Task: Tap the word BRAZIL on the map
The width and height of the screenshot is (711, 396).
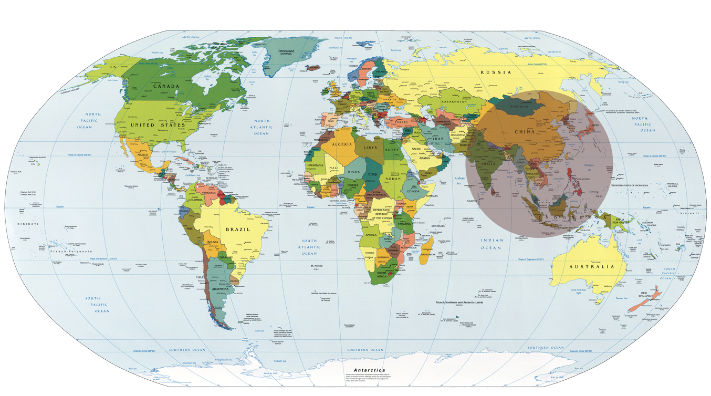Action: point(238,230)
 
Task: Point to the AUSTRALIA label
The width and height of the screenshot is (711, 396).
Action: point(592,267)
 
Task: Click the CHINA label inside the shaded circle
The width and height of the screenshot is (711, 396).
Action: point(524,131)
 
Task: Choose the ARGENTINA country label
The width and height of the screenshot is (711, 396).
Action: point(219,289)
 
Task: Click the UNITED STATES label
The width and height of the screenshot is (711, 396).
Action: point(150,126)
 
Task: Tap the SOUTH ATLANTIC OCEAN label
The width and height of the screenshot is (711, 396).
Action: point(309,247)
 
